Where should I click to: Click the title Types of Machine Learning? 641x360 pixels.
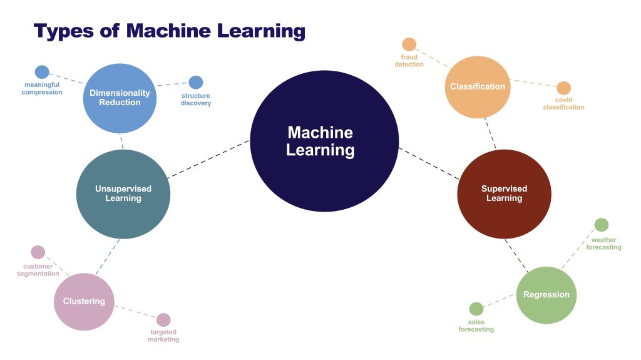tap(170, 30)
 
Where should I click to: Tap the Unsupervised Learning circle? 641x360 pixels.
tap(123, 193)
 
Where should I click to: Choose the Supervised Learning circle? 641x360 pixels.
tap(504, 193)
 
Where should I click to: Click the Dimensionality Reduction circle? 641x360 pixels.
tap(120, 98)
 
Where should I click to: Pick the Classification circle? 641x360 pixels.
tap(477, 87)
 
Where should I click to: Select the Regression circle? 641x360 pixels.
tap(546, 295)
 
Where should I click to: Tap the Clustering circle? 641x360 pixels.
tap(84, 301)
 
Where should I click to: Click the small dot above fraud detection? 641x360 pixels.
tap(409, 44)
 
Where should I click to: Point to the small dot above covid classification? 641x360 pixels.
tap(563, 88)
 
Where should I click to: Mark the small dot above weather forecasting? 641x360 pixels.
tap(601, 225)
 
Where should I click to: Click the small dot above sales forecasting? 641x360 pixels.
tap(476, 309)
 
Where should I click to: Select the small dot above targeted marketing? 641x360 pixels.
tap(163, 320)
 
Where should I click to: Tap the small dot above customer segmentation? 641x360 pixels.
tap(38, 252)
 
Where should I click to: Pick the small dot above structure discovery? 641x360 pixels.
tap(196, 82)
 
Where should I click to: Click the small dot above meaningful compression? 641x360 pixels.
tap(42, 72)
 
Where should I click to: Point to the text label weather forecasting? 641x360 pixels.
tap(603, 244)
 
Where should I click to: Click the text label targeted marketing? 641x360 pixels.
tap(163, 336)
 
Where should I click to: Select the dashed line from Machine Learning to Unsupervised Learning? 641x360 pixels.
tap(209, 159)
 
